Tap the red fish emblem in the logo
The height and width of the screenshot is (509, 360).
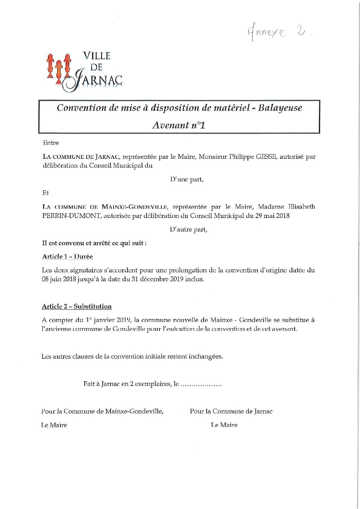pos(58,68)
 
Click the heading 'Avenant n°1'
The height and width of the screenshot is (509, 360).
pos(179,125)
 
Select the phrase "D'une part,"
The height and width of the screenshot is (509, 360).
pos(187,180)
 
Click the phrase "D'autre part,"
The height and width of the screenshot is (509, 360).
pos(188,230)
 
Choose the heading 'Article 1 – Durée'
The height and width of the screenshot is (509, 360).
pos(67,257)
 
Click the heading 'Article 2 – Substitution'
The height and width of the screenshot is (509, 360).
pos(76,306)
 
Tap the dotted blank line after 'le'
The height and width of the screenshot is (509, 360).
pos(201,385)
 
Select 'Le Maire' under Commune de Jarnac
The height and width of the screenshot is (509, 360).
pos(224,425)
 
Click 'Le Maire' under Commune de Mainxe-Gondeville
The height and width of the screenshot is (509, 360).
pos(54,425)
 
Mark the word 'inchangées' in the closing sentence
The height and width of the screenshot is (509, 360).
pos(206,357)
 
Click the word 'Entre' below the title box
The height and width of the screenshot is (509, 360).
pos(51,143)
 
